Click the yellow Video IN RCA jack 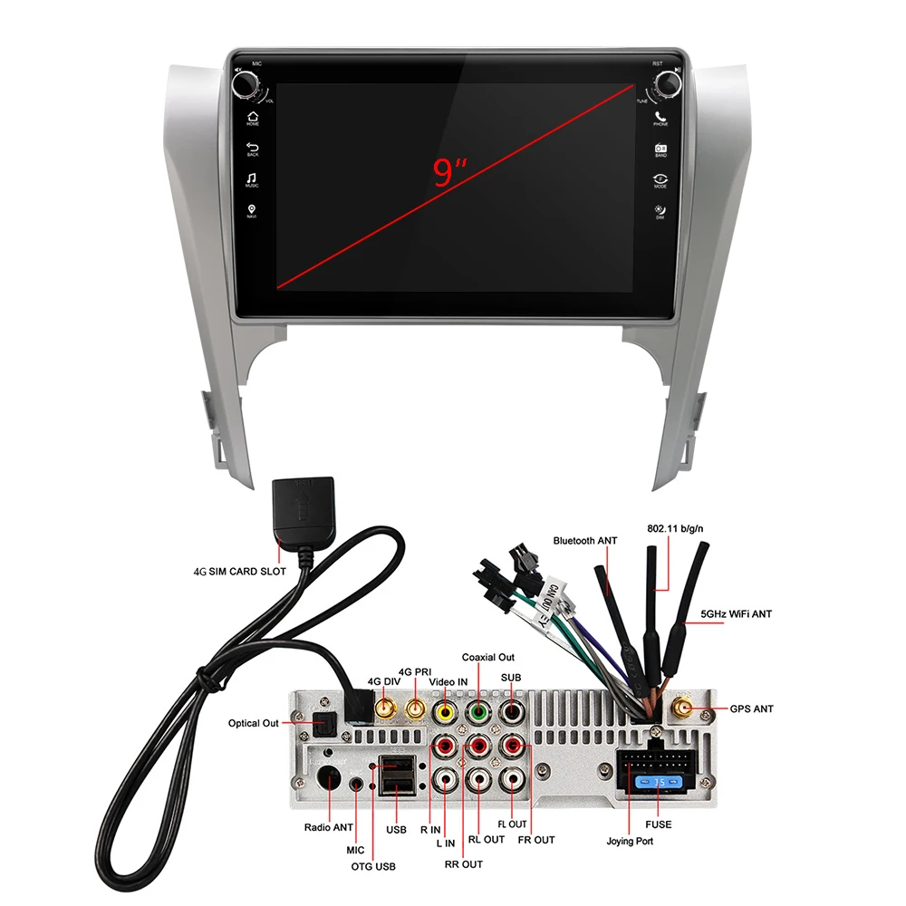tap(445, 713)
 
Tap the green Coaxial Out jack tap(478, 713)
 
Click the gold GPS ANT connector tap(680, 708)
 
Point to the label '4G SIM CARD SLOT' tap(240, 572)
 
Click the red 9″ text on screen tap(449, 172)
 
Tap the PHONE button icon tap(660, 117)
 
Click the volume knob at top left tap(245, 85)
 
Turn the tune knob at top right tap(668, 85)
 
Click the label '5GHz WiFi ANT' tap(736, 613)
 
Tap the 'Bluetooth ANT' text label tap(585, 541)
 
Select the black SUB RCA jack tap(512, 713)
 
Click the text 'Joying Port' tap(630, 841)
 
